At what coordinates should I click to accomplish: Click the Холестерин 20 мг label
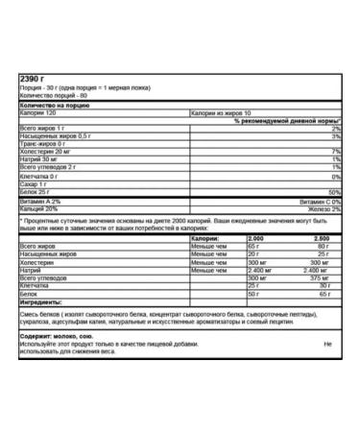pyautogui.click(x=45, y=151)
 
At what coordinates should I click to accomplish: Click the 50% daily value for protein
pyautogui.click(x=334, y=192)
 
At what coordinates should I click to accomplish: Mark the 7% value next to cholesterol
pyautogui.click(x=336, y=152)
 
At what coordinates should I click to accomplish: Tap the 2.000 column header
pyautogui.click(x=254, y=237)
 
